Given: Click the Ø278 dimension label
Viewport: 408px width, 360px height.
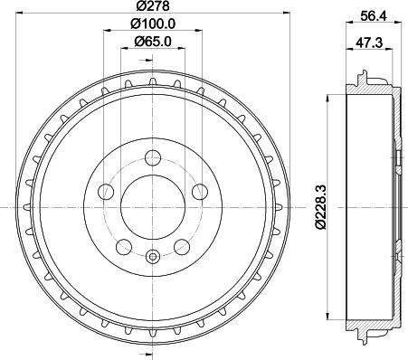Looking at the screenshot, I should (151, 7).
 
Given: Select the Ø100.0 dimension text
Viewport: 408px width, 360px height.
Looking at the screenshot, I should (151, 24).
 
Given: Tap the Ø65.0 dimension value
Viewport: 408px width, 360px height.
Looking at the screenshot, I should (151, 41).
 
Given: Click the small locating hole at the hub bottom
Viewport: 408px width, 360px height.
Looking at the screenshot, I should (151, 257).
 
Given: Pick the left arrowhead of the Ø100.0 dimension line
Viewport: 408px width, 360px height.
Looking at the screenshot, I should (108, 32).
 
